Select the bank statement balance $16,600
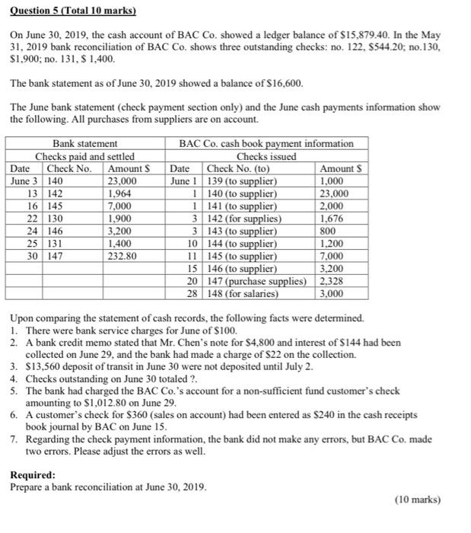point(281,82)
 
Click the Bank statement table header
point(84,143)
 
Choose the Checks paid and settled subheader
point(84,155)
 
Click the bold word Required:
point(33,474)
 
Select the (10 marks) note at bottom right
point(418,499)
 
